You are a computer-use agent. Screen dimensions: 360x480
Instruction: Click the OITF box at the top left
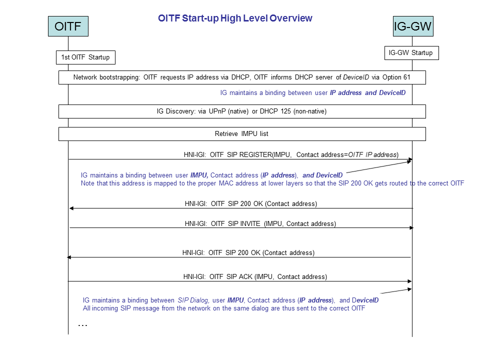(x=68, y=26)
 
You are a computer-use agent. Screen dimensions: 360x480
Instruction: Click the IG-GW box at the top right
(x=412, y=26)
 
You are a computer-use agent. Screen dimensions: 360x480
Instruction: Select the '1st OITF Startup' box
(x=85, y=57)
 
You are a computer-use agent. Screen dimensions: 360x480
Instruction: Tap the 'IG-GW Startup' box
(x=411, y=52)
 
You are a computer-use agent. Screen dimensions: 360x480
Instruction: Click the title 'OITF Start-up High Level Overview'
(x=235, y=18)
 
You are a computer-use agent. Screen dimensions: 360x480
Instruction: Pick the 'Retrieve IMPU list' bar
(x=242, y=134)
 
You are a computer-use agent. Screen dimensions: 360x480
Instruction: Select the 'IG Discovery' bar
(x=242, y=111)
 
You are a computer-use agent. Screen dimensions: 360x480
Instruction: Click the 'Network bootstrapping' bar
(x=242, y=77)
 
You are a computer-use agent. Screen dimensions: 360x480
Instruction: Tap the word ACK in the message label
(x=246, y=276)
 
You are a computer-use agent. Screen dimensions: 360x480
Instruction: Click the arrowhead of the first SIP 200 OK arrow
(x=71, y=208)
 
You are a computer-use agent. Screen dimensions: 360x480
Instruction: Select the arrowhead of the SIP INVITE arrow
(x=411, y=228)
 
